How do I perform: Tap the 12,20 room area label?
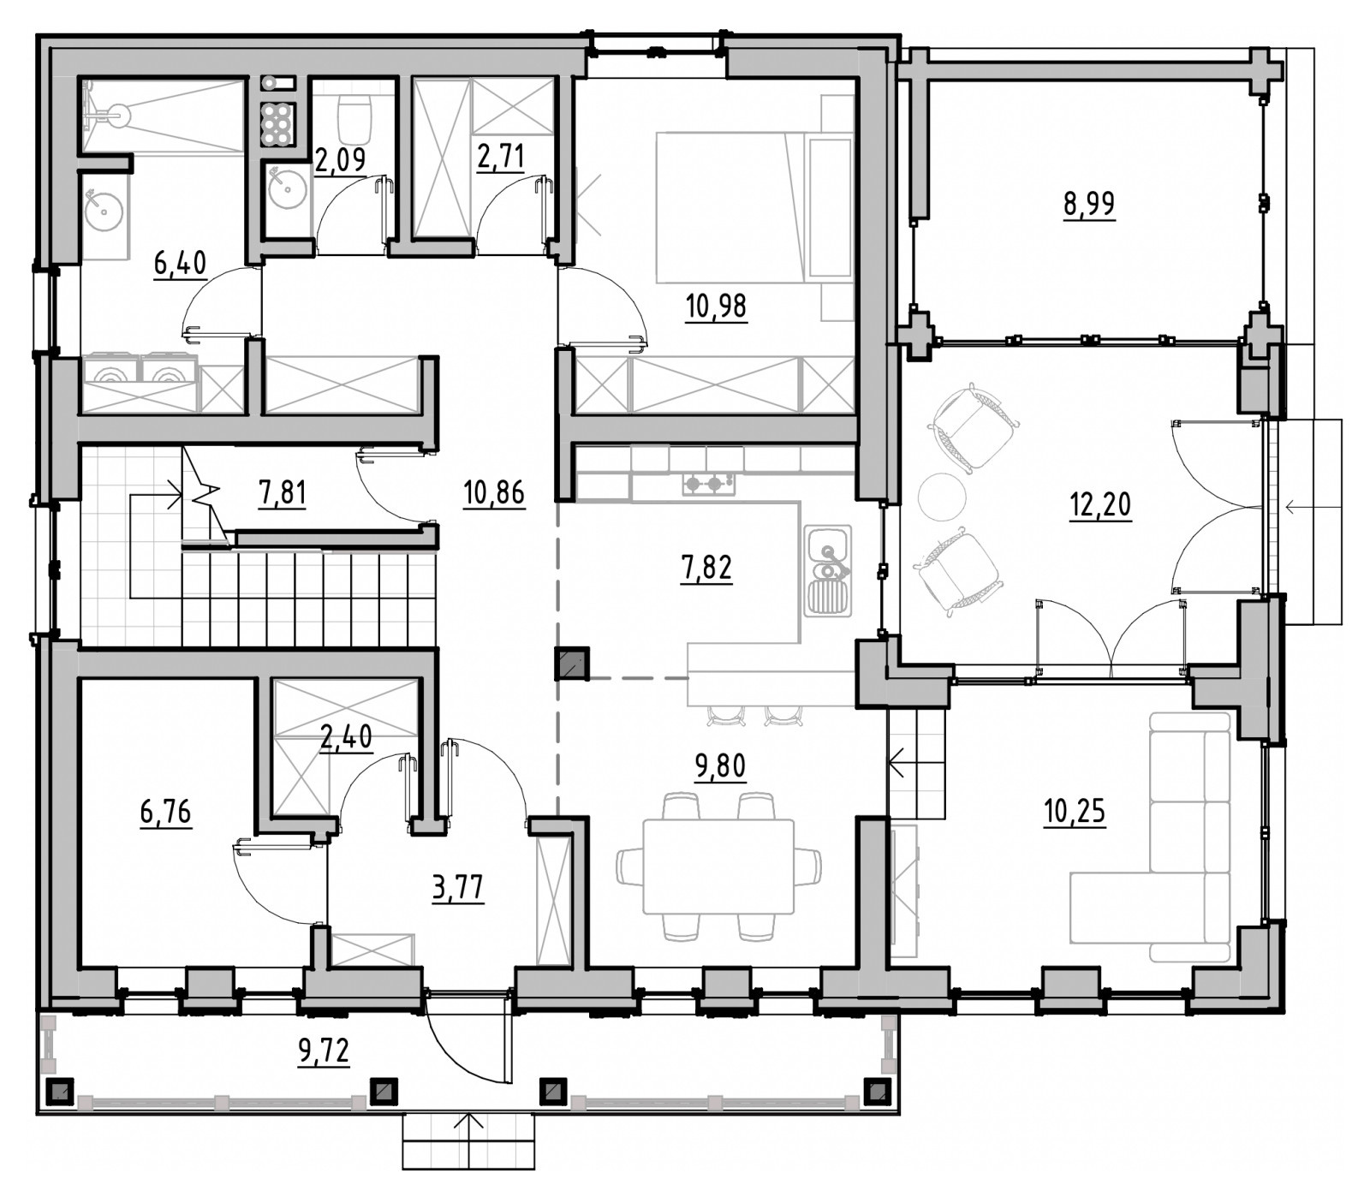[x=1100, y=505]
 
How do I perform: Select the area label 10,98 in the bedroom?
[x=716, y=306]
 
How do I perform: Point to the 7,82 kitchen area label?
[x=706, y=567]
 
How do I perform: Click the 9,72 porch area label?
[x=324, y=1050]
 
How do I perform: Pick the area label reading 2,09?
[x=340, y=159]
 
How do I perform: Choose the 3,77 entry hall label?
[x=458, y=887]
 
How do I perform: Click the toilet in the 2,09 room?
[x=354, y=118]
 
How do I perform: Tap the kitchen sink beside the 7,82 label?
[x=828, y=570]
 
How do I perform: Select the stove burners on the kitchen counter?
[x=708, y=484]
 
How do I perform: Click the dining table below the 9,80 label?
[x=718, y=866]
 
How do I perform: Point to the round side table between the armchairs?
[x=942, y=496]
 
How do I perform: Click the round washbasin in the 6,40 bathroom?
[x=104, y=208]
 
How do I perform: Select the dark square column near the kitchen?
[x=572, y=663]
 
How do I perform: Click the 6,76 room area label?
[x=166, y=810]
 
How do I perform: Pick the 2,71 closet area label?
[x=501, y=158]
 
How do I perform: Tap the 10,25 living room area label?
[x=1075, y=809]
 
